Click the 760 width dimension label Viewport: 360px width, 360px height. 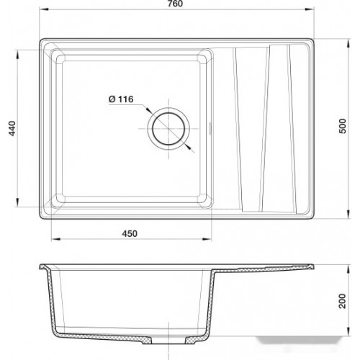(176, 4)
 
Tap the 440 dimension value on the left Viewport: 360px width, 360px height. (12, 129)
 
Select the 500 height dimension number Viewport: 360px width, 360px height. (343, 126)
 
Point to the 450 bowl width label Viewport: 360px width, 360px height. (130, 233)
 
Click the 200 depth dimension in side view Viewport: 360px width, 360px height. (343, 301)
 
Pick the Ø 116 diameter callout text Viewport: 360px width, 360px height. (121, 99)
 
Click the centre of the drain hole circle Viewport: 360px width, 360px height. (168, 129)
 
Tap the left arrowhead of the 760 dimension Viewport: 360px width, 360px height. (42, 9)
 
